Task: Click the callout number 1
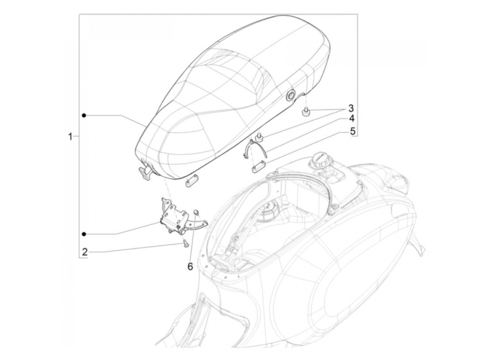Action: tap(70, 137)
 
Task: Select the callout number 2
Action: tap(85, 253)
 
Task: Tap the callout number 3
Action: tap(351, 109)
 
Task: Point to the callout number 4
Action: tap(352, 119)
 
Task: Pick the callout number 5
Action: tap(352, 131)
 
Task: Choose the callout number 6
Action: tap(190, 266)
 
